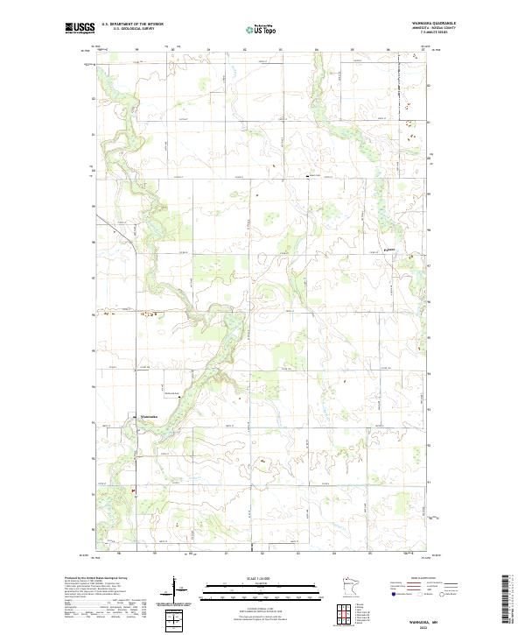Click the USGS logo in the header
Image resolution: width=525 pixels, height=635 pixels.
[x=80, y=29]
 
